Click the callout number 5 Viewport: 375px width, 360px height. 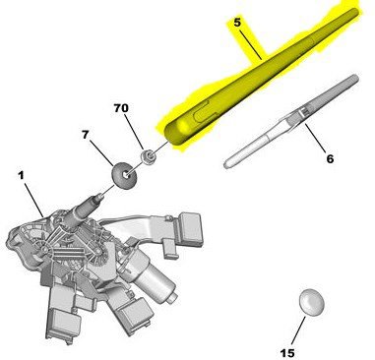point(237,23)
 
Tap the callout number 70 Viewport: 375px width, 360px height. point(121,108)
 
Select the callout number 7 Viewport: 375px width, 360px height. point(86,135)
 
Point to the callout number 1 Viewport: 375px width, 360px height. point(21,176)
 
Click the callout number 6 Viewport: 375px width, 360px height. point(330,159)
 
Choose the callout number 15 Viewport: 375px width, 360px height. point(287,353)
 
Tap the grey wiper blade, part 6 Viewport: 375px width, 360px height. point(291,121)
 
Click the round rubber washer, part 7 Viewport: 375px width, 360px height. point(125,175)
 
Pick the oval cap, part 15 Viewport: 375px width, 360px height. point(312,302)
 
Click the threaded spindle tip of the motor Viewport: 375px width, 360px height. point(99,197)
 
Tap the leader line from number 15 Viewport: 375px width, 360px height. point(298,330)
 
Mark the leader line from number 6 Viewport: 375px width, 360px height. point(316,138)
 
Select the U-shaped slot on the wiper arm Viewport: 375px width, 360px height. point(205,112)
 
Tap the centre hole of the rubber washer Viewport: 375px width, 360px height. point(126,175)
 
